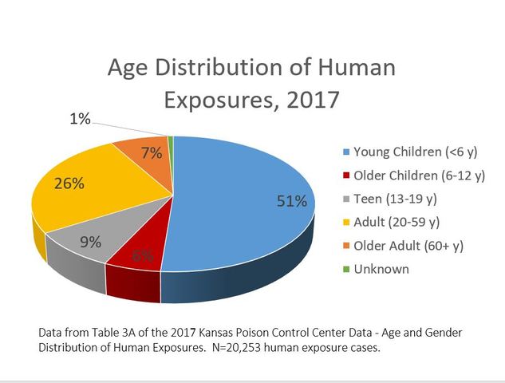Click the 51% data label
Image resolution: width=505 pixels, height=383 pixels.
291,202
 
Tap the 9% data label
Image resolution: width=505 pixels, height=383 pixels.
90,243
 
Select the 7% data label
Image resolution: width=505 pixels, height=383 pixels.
152,152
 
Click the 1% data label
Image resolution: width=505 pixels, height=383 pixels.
80,120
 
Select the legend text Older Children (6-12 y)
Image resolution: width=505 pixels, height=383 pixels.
420,175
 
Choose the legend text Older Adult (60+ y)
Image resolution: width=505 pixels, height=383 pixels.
408,245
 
